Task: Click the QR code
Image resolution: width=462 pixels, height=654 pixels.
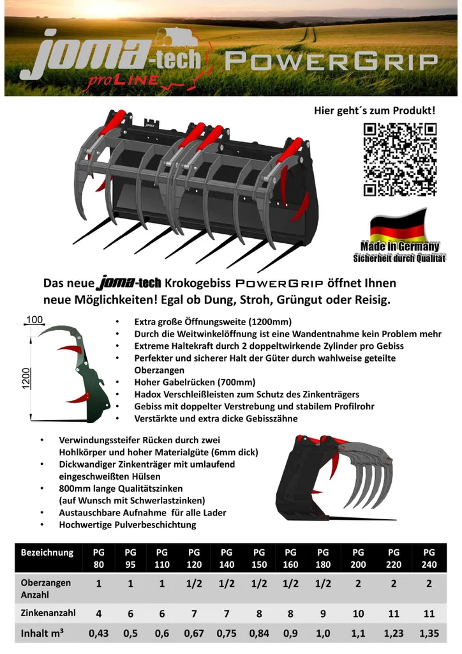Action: [x=400, y=159]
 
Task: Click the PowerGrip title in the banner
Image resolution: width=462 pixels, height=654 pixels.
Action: [x=332, y=62]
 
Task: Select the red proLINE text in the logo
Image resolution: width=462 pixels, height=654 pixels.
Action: [x=123, y=81]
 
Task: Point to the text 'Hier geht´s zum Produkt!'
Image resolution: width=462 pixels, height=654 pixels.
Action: [x=375, y=110]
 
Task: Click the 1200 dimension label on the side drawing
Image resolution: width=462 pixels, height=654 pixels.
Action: [x=26, y=378]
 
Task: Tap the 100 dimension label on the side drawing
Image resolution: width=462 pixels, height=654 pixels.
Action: [x=34, y=319]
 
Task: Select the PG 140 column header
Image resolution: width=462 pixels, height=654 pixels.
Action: [x=226, y=558]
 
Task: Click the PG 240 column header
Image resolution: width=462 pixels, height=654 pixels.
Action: [x=429, y=558]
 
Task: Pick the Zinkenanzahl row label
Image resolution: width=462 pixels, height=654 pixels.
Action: [x=48, y=612]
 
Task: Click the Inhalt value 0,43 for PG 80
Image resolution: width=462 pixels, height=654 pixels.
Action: [x=98, y=633]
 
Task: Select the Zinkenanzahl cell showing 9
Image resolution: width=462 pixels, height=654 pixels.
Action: [x=323, y=614]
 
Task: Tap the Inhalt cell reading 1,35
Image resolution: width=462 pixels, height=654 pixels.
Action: [x=429, y=633]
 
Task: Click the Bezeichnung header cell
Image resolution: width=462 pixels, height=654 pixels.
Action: [x=47, y=552]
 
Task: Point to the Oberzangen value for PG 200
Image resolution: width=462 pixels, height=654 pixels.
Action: [x=358, y=584]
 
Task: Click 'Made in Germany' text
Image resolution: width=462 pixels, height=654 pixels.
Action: [x=399, y=246]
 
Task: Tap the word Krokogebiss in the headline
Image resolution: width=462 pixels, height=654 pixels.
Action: [x=197, y=283]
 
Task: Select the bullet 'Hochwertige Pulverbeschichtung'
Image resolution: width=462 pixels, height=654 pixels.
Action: [x=128, y=525]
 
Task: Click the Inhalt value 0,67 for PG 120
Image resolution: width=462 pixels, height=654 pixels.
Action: [x=194, y=633]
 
